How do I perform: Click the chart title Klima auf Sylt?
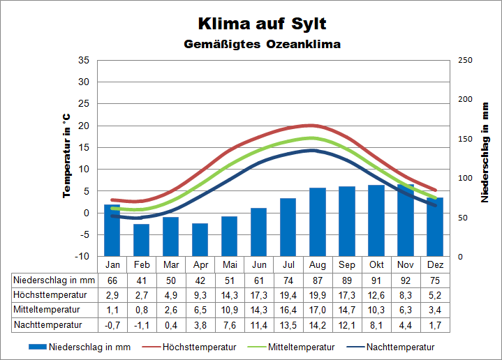tap(262, 23)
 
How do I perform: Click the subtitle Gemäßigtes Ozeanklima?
tap(262, 45)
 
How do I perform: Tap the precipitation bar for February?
tap(142, 240)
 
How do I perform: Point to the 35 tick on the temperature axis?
tap(84, 60)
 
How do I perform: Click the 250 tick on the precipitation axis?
tap(465, 60)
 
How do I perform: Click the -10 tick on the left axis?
tap(82, 257)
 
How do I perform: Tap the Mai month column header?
tap(230, 265)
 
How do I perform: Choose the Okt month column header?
tap(376, 265)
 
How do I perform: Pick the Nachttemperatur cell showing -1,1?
tap(142, 325)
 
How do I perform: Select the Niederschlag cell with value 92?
tap(406, 280)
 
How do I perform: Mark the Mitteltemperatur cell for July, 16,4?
tap(288, 310)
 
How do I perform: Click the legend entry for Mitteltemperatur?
tap(294, 347)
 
